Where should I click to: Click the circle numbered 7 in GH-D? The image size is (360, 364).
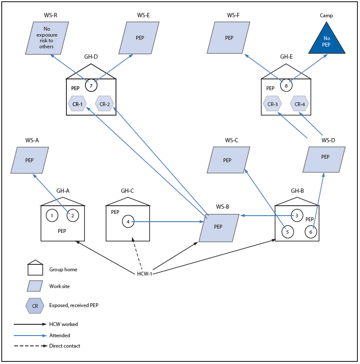point(91,85)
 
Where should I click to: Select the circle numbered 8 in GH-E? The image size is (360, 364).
point(286,85)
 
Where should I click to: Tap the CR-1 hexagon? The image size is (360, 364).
point(78,104)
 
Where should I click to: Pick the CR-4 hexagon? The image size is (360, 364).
point(299,104)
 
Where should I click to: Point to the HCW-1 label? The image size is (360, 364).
point(144,274)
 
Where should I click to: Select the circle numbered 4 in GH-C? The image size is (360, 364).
point(128,222)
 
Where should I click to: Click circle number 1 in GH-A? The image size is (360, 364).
point(52,215)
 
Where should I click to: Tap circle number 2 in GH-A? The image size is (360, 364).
point(73,215)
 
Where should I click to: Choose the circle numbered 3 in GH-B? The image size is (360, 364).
point(297,215)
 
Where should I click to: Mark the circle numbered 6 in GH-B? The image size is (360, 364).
point(311,232)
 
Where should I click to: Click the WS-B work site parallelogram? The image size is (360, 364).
point(219,227)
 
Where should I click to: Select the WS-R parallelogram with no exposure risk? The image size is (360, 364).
point(47,38)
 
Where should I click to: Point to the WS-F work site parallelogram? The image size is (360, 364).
point(229,38)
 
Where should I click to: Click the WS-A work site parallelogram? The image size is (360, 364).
point(30,160)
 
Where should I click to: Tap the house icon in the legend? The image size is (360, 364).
point(35,268)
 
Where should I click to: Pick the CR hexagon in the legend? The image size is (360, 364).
point(35,306)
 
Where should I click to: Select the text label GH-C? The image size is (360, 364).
point(127,191)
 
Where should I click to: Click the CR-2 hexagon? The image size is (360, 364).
point(105,104)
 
